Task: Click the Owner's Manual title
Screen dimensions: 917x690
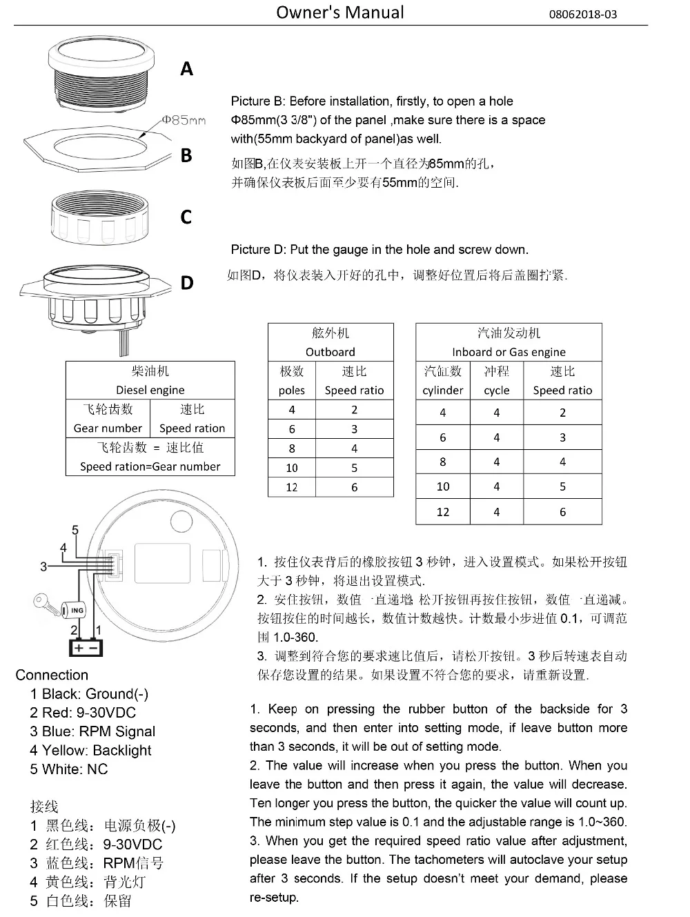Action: coord(340,12)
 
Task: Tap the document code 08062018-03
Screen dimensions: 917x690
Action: coord(582,14)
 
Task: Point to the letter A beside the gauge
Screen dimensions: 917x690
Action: coord(186,69)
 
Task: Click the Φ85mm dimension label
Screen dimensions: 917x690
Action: coord(184,120)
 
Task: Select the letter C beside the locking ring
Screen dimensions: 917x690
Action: coord(186,217)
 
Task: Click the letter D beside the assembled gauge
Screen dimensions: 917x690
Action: coord(187,283)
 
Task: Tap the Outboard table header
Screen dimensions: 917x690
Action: coord(331,351)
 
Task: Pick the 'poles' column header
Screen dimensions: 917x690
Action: coord(291,390)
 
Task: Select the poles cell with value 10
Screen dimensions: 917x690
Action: coord(291,468)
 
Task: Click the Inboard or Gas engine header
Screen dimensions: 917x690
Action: coord(509,352)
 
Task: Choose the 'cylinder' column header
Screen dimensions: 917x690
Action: coord(442,390)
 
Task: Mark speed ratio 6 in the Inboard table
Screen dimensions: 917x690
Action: coord(562,512)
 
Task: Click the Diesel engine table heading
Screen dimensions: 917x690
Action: coord(150,390)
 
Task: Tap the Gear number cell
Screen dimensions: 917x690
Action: coord(108,428)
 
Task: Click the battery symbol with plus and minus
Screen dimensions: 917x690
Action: coord(86,647)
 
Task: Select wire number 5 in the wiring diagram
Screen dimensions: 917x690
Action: coord(75,530)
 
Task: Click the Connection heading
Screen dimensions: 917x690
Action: coord(52,675)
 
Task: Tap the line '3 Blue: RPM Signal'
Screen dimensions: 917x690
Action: coord(92,731)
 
